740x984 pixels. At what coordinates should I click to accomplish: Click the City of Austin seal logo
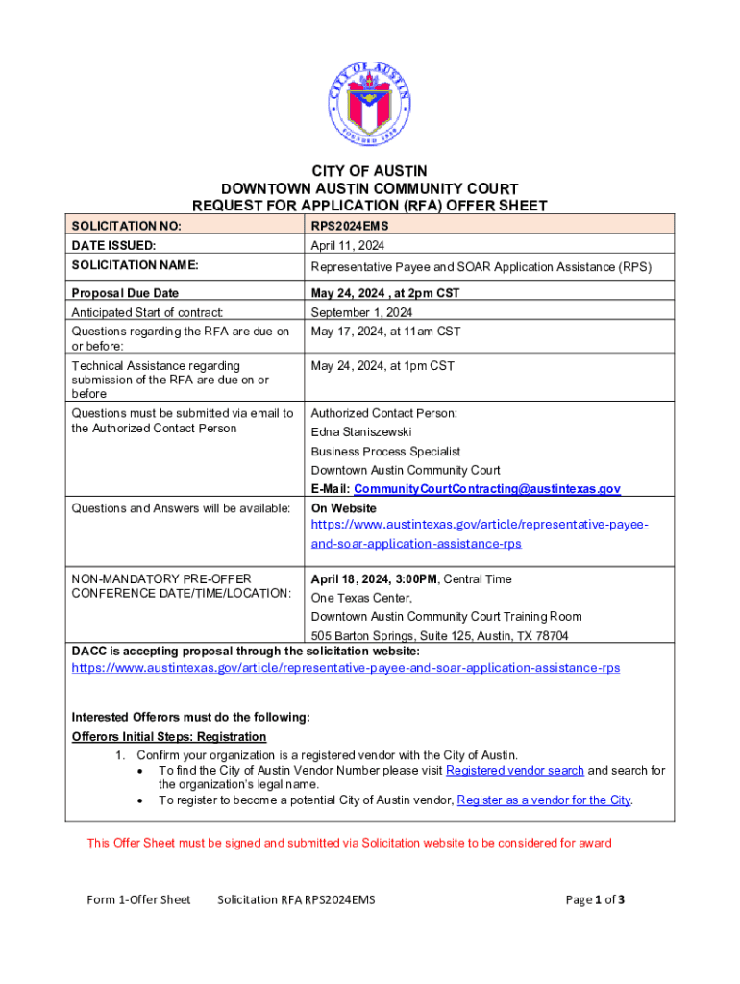click(370, 101)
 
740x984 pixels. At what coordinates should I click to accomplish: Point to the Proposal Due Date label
click(126, 293)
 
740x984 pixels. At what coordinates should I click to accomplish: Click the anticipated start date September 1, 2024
click(361, 312)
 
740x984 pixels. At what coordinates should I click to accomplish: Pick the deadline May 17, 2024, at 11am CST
click(385, 332)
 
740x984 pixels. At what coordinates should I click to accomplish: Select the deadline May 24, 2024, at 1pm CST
click(382, 366)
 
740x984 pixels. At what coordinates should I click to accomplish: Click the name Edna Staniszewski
click(361, 432)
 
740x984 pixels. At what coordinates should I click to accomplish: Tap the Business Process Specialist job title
click(385, 452)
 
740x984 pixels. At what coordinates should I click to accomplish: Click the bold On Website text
click(343, 508)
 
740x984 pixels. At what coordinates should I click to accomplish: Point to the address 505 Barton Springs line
click(439, 636)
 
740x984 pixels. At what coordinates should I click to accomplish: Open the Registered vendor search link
click(515, 771)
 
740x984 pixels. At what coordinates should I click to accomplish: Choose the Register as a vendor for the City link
click(544, 800)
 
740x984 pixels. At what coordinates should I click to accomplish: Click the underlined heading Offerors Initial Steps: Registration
click(169, 737)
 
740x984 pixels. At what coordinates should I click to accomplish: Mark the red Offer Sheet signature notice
click(349, 844)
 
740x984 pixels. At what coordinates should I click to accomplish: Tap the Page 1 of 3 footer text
click(596, 900)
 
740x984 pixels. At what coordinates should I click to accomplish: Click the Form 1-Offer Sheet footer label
click(138, 900)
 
